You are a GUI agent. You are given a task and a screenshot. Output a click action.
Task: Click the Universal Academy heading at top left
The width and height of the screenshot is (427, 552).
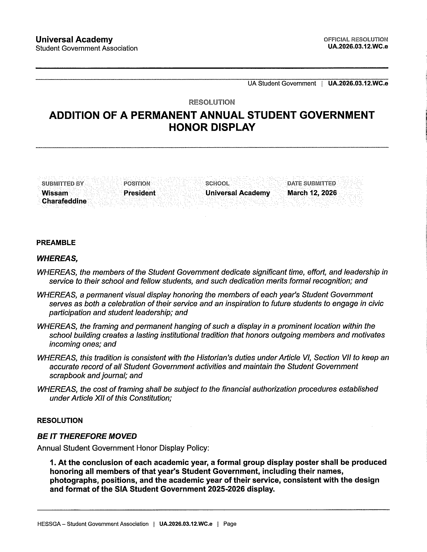pos(74,40)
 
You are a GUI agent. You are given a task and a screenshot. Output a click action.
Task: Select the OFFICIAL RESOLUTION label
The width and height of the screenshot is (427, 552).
pos(356,39)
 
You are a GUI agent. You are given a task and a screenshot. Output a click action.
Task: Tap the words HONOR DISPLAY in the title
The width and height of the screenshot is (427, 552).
pos(212,127)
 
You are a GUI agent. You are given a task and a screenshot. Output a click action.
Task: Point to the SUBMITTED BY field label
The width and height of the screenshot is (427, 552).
pos(63,183)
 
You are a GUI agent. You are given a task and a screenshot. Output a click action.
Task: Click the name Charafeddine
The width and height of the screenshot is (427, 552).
pos(64,201)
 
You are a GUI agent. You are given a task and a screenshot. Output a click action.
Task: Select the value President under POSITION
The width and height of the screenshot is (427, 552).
pos(139,193)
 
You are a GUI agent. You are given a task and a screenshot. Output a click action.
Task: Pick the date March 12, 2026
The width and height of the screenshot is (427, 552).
pos(312,193)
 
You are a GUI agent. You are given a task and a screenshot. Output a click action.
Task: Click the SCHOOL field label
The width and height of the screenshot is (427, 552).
pos(217,183)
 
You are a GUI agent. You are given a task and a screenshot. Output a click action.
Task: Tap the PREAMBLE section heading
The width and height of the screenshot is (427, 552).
pos(56,243)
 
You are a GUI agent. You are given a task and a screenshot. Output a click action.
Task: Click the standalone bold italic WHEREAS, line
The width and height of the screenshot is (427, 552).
pos(57,258)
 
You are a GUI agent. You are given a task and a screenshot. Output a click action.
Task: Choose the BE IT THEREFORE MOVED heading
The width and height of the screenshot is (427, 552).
pos(87,436)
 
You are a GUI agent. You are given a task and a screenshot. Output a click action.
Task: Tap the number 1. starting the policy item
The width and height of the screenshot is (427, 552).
pos(52,462)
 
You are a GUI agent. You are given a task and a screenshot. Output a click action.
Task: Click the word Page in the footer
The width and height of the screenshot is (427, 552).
pos(230,524)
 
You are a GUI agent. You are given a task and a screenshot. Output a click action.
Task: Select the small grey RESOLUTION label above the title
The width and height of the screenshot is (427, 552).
pos(212,102)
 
